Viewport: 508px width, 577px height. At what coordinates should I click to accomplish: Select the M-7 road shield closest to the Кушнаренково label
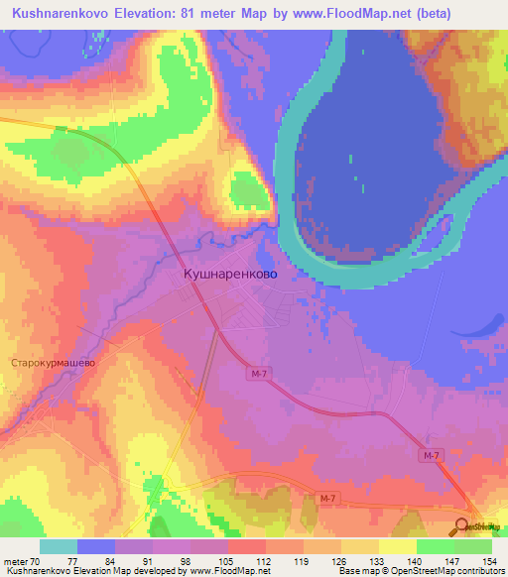coord(260,374)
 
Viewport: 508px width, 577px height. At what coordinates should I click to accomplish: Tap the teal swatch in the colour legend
coord(59,546)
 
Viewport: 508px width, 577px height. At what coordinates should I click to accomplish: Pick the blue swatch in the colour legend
coord(96,546)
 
